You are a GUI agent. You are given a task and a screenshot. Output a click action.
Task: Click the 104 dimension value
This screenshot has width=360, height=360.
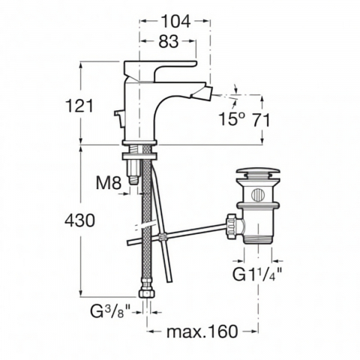tap(175, 21)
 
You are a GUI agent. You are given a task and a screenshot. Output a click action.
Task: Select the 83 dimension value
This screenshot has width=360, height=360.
tap(169, 41)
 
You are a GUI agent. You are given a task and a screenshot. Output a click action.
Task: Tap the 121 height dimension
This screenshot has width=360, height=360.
tap(79, 106)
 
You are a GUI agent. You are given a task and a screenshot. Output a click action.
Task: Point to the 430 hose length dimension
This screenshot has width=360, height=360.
tap(79, 220)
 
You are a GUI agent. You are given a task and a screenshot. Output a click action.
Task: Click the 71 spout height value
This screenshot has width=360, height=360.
tap(261, 121)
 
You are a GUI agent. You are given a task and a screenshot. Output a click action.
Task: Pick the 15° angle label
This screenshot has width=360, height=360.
tap(232, 118)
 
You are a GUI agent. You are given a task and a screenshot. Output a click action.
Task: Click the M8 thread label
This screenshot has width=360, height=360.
tap(109, 183)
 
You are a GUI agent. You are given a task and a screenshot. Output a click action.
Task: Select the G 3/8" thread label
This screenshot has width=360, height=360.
tap(110, 311)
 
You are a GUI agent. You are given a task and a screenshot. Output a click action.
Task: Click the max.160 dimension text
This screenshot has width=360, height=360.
tap(202, 331)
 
